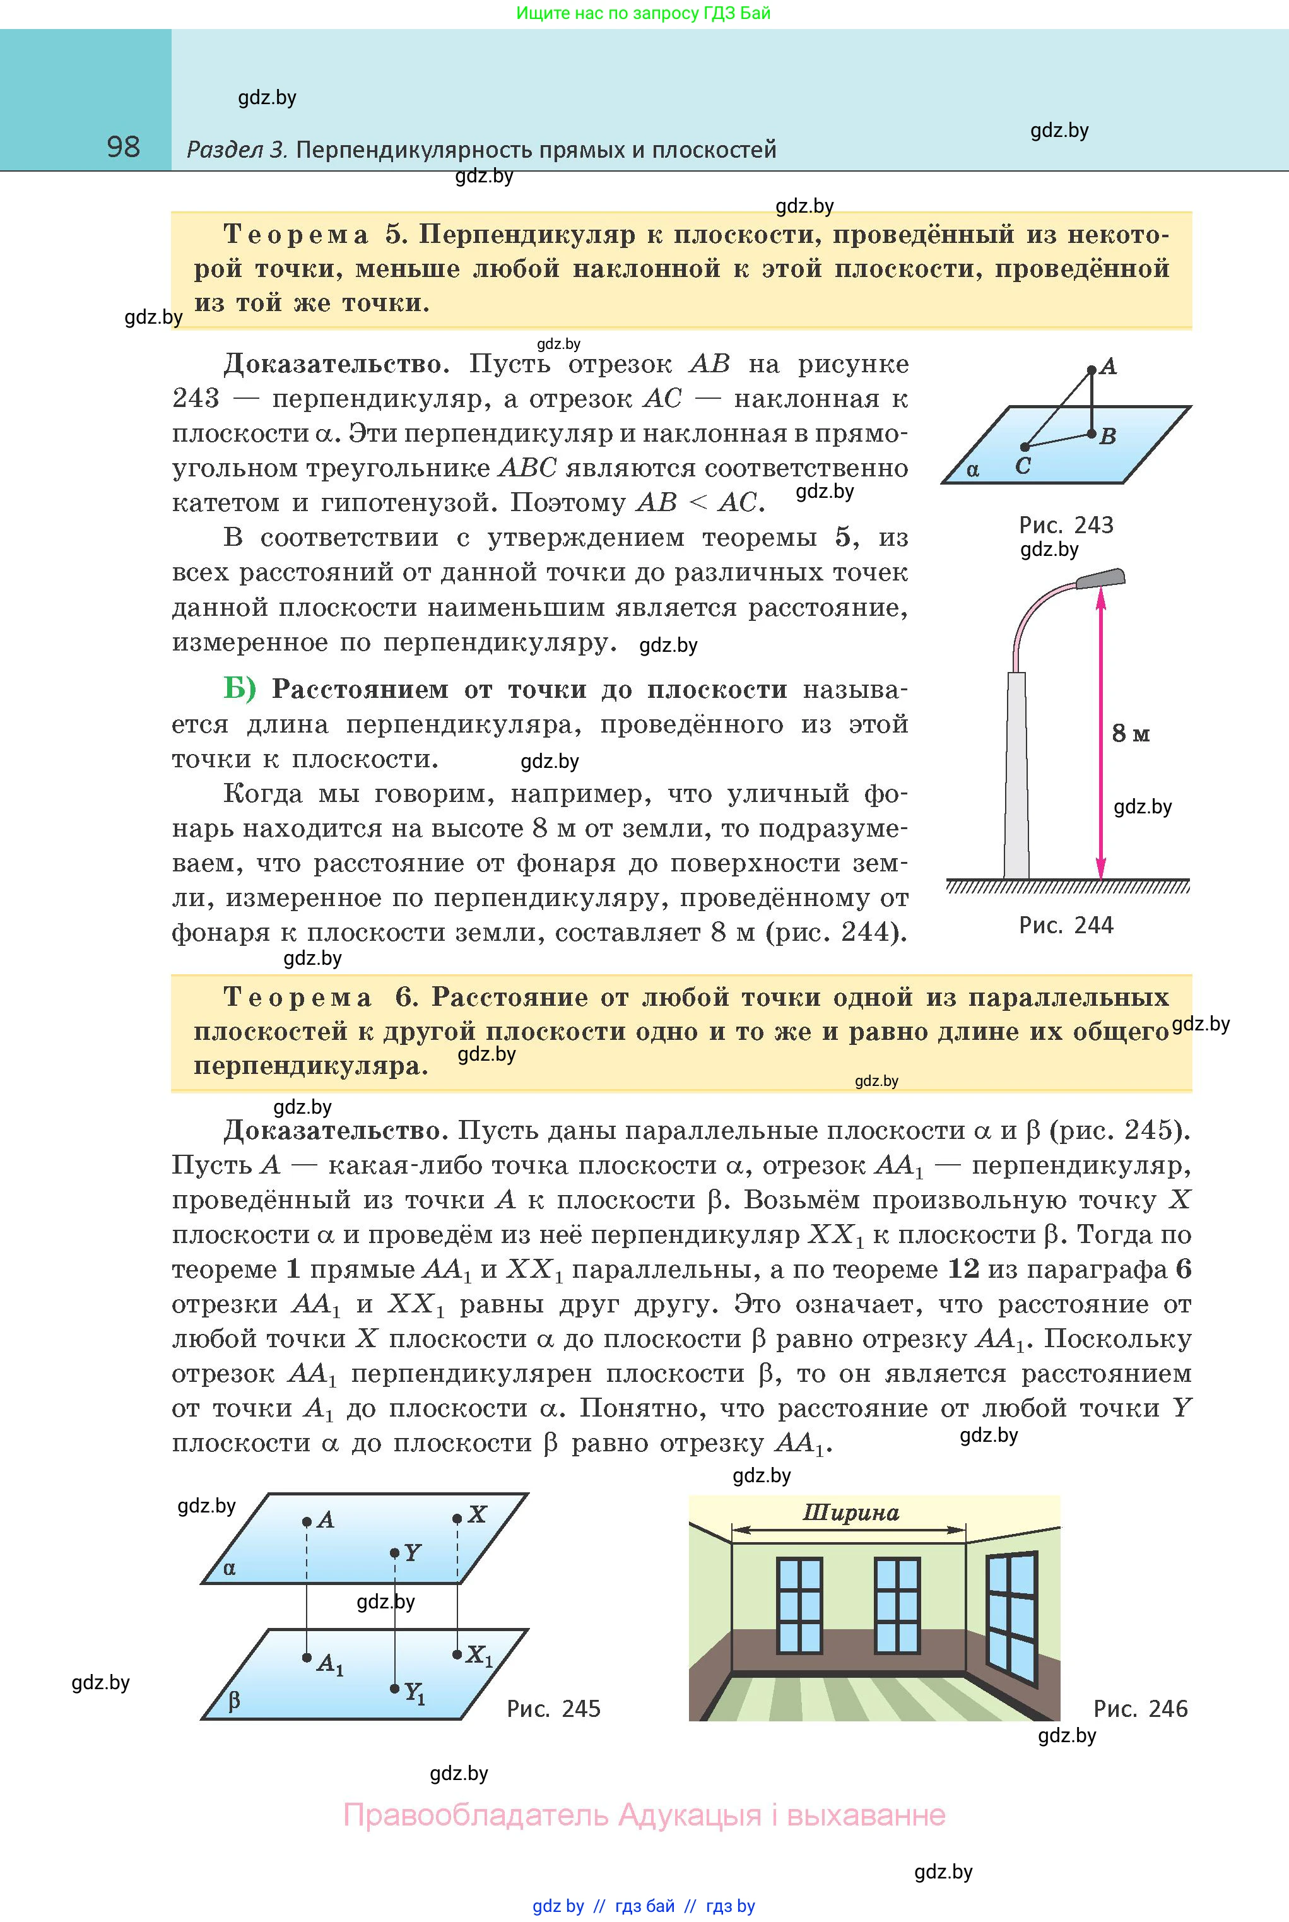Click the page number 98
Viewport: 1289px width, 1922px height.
123,147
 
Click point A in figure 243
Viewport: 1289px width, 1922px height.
1092,370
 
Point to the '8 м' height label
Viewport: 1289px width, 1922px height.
1131,733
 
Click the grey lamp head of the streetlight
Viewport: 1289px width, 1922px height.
1101,578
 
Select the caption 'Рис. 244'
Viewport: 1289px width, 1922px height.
1066,925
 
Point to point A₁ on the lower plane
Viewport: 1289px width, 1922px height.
307,1657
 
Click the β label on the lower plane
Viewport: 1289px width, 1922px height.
234,1700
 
